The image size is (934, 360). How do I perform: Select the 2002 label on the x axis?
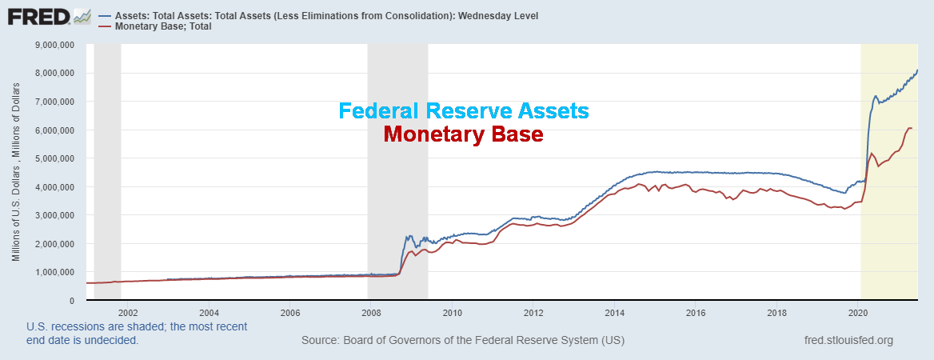tap(128, 313)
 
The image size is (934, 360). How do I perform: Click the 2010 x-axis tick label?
tap(453, 313)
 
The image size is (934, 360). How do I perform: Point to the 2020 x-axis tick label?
tap(858, 313)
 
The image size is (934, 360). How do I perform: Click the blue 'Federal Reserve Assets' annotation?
tap(464, 110)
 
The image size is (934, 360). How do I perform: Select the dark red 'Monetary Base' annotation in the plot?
tap(464, 134)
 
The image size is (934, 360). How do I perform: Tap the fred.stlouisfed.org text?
tap(848, 341)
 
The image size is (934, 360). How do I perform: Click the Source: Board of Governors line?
tap(463, 341)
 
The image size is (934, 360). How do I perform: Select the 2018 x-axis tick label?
tap(776, 313)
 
